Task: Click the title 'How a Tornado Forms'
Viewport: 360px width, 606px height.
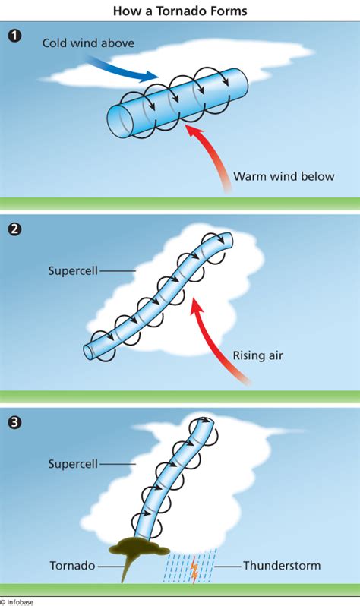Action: coord(180,11)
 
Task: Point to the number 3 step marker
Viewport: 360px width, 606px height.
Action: coord(14,421)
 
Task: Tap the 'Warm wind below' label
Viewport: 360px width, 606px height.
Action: coord(283,176)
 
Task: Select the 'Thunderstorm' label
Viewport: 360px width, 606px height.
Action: coord(282,566)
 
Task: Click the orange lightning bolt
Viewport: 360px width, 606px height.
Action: coord(194,569)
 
